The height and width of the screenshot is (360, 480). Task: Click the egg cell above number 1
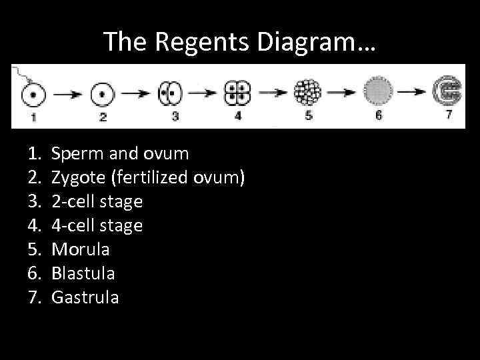pyautogui.click(x=29, y=94)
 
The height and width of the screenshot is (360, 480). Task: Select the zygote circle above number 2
pyautogui.click(x=101, y=94)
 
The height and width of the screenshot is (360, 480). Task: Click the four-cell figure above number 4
pyautogui.click(x=237, y=93)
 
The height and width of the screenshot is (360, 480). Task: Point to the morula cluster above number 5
pyautogui.click(x=308, y=92)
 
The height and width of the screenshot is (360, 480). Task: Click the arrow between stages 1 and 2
pyautogui.click(x=65, y=95)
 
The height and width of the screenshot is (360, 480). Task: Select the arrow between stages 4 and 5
pyautogui.click(x=272, y=94)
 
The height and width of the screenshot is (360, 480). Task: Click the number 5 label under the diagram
pyautogui.click(x=308, y=115)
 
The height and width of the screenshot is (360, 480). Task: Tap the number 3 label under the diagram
pyautogui.click(x=175, y=116)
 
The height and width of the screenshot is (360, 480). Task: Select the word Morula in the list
pyautogui.click(x=81, y=249)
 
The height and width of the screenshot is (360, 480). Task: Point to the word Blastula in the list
pyautogui.click(x=83, y=273)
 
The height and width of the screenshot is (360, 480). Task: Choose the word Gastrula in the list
pyautogui.click(x=85, y=297)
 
